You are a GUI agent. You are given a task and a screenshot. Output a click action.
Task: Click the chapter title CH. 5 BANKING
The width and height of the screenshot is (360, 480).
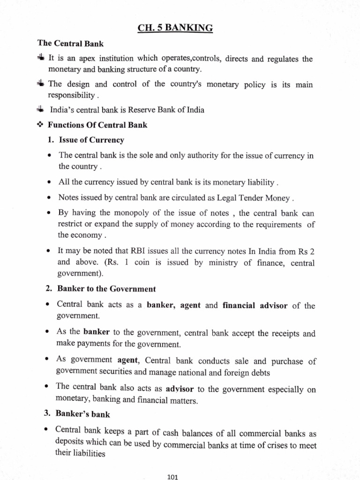point(175,29)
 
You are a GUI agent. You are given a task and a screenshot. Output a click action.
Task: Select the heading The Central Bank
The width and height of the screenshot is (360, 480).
point(71,44)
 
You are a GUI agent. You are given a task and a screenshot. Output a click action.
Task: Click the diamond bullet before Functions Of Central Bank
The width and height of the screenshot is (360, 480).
point(41,125)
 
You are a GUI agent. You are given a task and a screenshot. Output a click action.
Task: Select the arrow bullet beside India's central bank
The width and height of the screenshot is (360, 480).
point(40,110)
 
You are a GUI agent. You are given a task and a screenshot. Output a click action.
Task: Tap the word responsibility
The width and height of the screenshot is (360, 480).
point(72,95)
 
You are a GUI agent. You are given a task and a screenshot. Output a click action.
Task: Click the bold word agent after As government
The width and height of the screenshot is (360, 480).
point(128,361)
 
